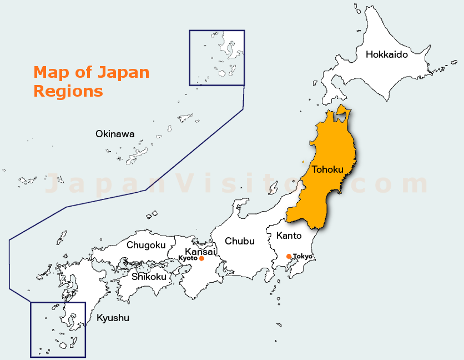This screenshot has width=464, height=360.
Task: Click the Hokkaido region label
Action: (x=387, y=54)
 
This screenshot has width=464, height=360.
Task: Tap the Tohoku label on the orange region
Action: (x=327, y=169)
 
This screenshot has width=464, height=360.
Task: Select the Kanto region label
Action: (x=289, y=236)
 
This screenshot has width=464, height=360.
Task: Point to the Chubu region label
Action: (x=240, y=241)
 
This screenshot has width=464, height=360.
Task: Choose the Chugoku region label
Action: (x=146, y=245)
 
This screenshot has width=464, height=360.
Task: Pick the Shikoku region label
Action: (x=149, y=276)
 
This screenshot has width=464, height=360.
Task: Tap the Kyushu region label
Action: (x=113, y=318)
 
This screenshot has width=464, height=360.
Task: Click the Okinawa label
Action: (x=115, y=134)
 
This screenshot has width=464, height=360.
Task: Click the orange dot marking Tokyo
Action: (x=289, y=256)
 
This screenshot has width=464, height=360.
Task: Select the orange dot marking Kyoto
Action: (x=201, y=258)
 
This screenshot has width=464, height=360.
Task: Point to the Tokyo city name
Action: (x=303, y=256)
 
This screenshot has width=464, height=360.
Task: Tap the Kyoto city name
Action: (x=188, y=258)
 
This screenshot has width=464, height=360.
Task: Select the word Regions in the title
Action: (x=68, y=91)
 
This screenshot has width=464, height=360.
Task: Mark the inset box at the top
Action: (x=216, y=58)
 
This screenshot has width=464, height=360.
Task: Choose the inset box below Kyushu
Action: (x=58, y=329)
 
